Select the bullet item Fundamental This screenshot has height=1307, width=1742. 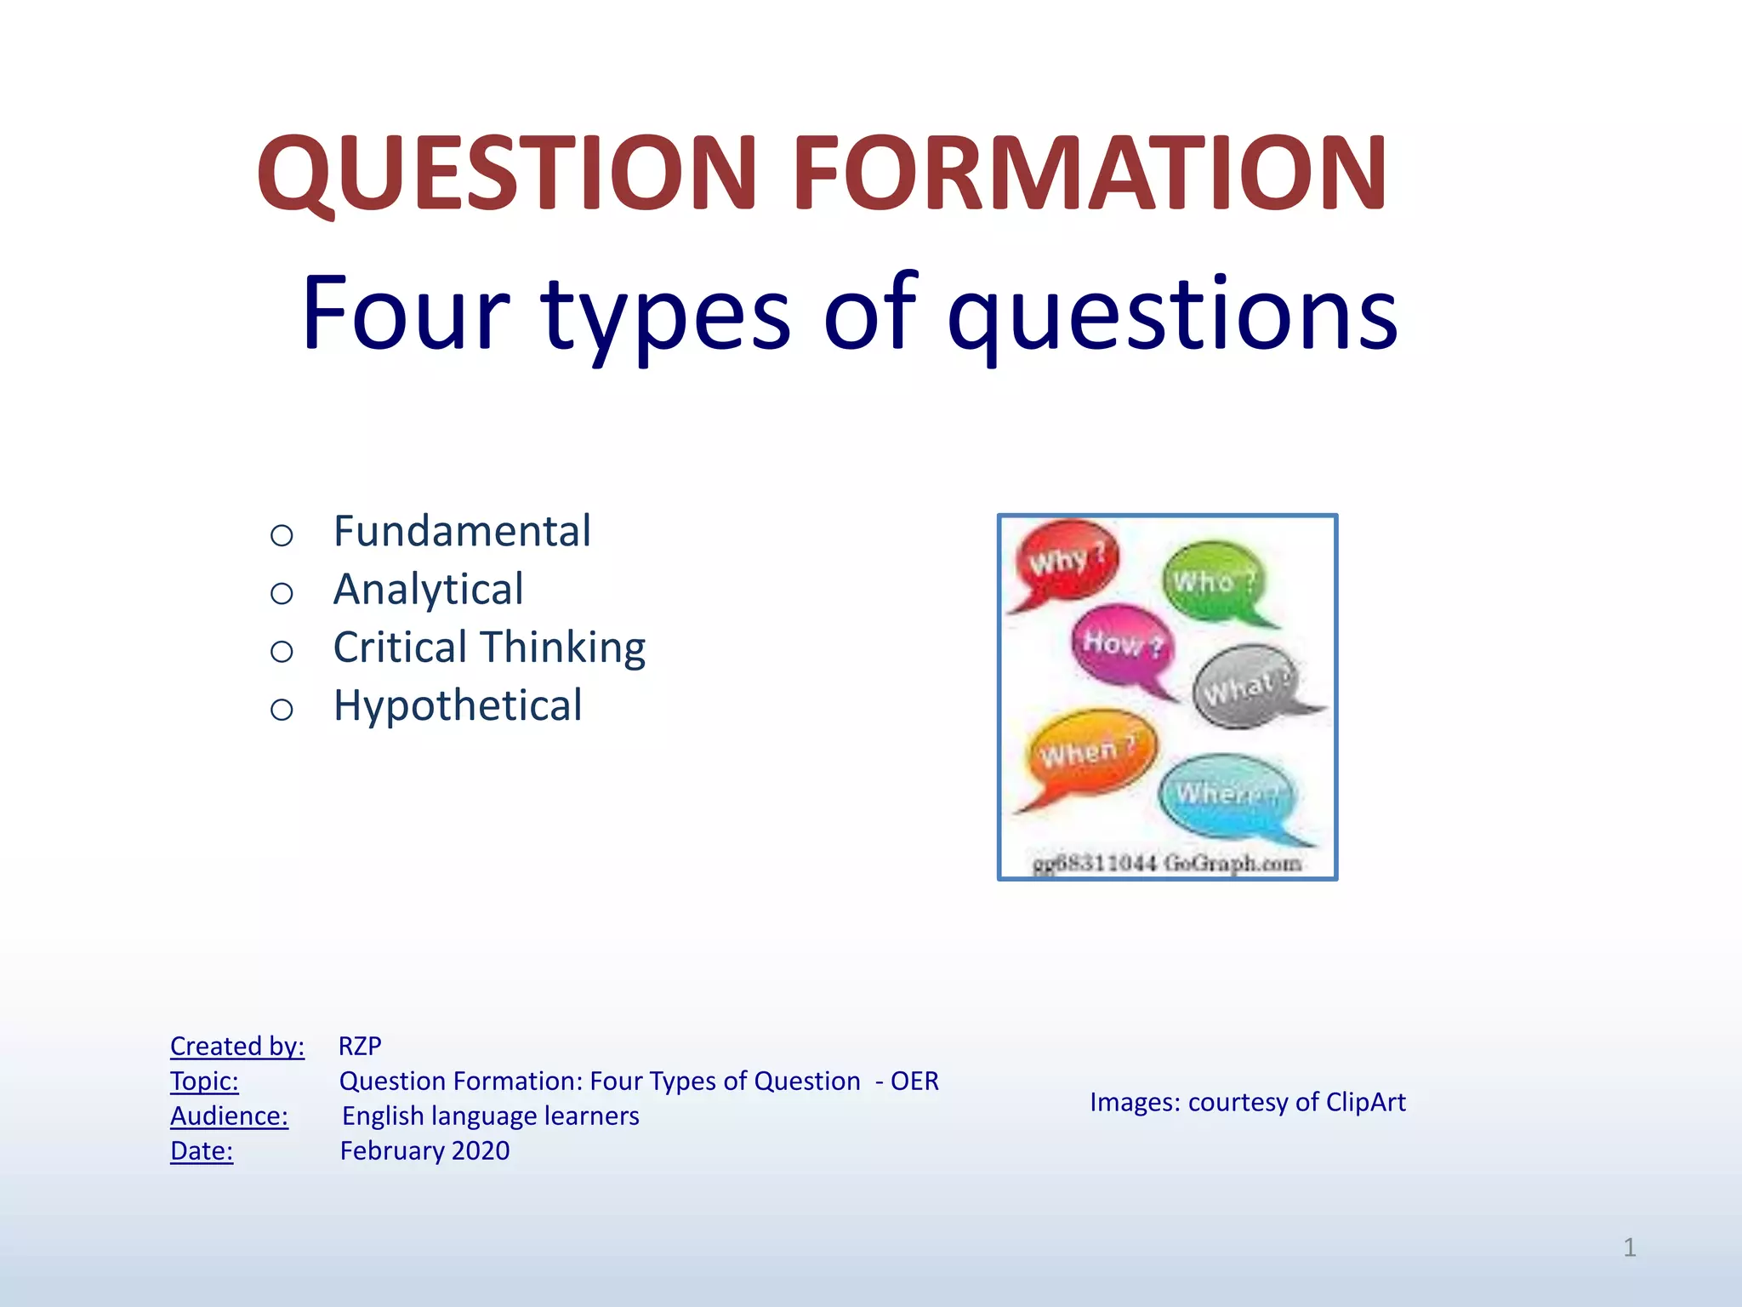click(x=462, y=532)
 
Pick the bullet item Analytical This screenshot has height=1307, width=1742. click(x=428, y=590)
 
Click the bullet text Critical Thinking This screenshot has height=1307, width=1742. click(x=489, y=648)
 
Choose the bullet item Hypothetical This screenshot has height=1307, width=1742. click(x=458, y=705)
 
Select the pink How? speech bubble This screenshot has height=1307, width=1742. click(x=1122, y=644)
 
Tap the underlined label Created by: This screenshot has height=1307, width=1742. click(x=236, y=1046)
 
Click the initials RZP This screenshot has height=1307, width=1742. click(x=360, y=1046)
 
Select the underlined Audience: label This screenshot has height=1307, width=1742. click(x=229, y=1116)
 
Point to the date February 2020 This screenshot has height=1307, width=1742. click(x=424, y=1150)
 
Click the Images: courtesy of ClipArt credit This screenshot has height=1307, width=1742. click(x=1247, y=1102)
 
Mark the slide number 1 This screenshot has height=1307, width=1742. click(x=1629, y=1247)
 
